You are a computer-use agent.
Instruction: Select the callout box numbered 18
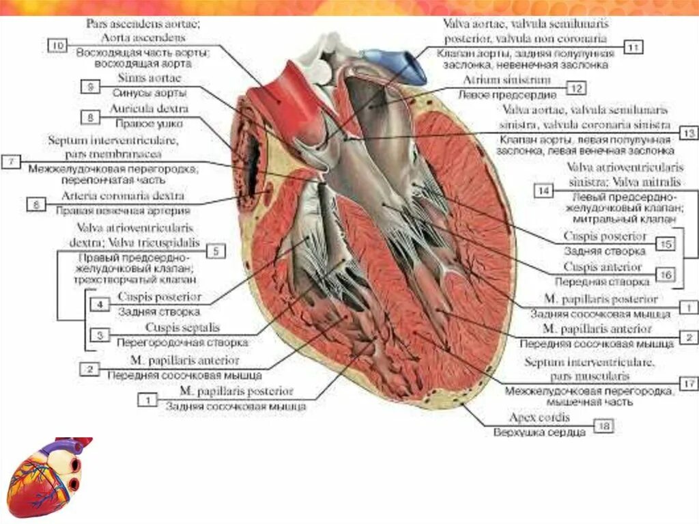(603, 426)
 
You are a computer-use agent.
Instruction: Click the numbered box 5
(215, 251)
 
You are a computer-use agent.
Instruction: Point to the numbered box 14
(543, 191)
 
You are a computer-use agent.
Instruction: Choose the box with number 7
(12, 162)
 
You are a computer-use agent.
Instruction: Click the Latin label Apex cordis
(539, 416)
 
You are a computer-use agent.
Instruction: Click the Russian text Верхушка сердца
(539, 432)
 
